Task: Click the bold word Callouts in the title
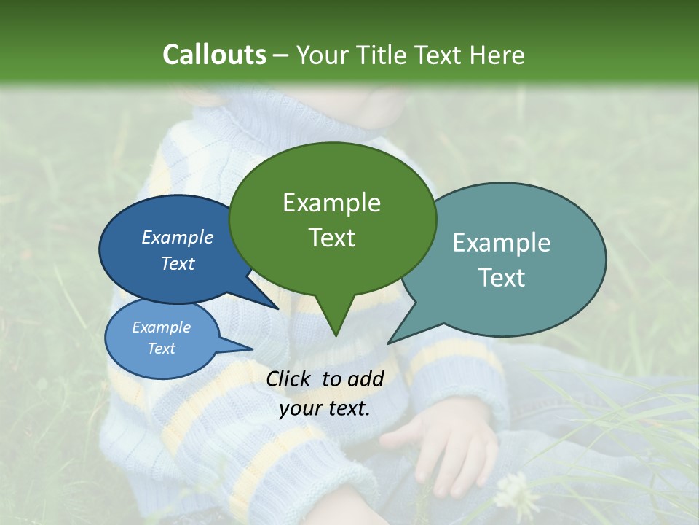point(214,55)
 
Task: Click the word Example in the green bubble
point(331,203)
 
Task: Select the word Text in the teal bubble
point(502,278)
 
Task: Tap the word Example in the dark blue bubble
point(177,237)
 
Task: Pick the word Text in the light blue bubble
point(161,349)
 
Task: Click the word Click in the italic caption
point(291,378)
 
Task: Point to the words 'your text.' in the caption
point(325,408)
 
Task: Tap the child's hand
point(444,445)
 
